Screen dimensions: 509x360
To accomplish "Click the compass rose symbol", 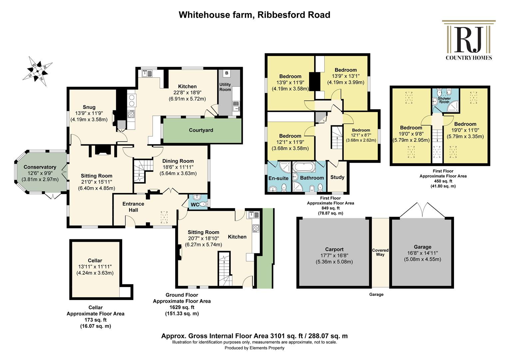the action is coord(38,71).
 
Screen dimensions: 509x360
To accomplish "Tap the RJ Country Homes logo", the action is coord(469,40).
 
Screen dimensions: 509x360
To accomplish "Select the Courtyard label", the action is coord(201,130).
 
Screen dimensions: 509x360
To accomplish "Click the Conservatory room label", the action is coord(40,167).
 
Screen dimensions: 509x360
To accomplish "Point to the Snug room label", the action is coord(89,107).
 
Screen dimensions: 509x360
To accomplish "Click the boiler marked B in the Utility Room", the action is coord(227,73).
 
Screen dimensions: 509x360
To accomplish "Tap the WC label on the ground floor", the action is coord(195,205).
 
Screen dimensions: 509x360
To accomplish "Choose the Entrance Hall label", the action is coord(133,207).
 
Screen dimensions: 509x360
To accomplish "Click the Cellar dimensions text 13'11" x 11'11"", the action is coord(95,267).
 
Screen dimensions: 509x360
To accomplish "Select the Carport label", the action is coord(334,249).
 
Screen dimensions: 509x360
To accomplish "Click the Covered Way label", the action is coord(380,252).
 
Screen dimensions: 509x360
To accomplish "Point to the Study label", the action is coord(337,177).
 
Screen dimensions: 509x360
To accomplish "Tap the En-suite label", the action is coord(278,178).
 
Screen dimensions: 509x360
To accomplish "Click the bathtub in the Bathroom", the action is coord(304,167).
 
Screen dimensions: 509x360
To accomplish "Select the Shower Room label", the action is coord(444,100).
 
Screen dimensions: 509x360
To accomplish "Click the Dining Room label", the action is coord(178,161).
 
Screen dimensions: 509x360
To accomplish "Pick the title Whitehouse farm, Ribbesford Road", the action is coord(254,15).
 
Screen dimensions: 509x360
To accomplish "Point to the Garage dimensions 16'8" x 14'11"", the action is coord(423,253).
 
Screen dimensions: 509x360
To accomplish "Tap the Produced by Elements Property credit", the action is coord(254,348).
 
